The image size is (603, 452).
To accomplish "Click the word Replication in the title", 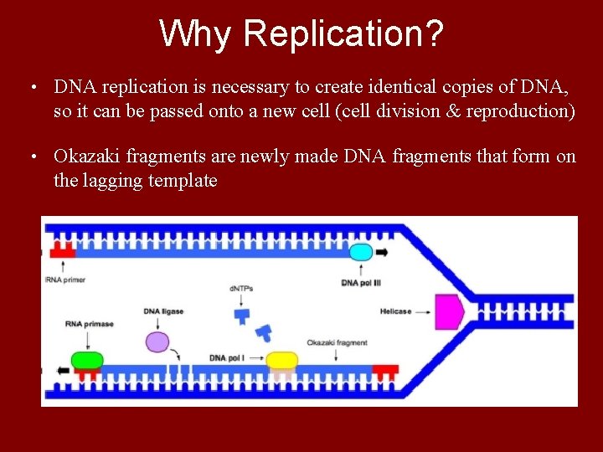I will pos(343,33).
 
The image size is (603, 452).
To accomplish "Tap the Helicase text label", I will pos(395,311).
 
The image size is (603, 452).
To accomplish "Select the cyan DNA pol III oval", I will pos(361,251).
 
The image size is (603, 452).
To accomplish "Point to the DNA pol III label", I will pos(361,283).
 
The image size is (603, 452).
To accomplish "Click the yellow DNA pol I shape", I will pos(282,360).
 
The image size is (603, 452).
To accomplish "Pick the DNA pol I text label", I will pos(228,358).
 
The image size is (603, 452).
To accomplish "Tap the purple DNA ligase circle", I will pos(157,342).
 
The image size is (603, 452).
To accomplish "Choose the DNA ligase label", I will pos(163,311).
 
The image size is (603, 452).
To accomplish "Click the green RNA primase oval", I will pos(87,360).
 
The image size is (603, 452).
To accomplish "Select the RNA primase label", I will pos(89,324).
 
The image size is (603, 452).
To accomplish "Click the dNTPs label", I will pos(241,289).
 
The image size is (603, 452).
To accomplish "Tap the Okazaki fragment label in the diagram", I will pos(337,342).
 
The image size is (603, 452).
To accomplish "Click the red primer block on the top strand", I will pos(63,250).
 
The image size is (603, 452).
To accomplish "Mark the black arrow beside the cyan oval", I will pos(382,251).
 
